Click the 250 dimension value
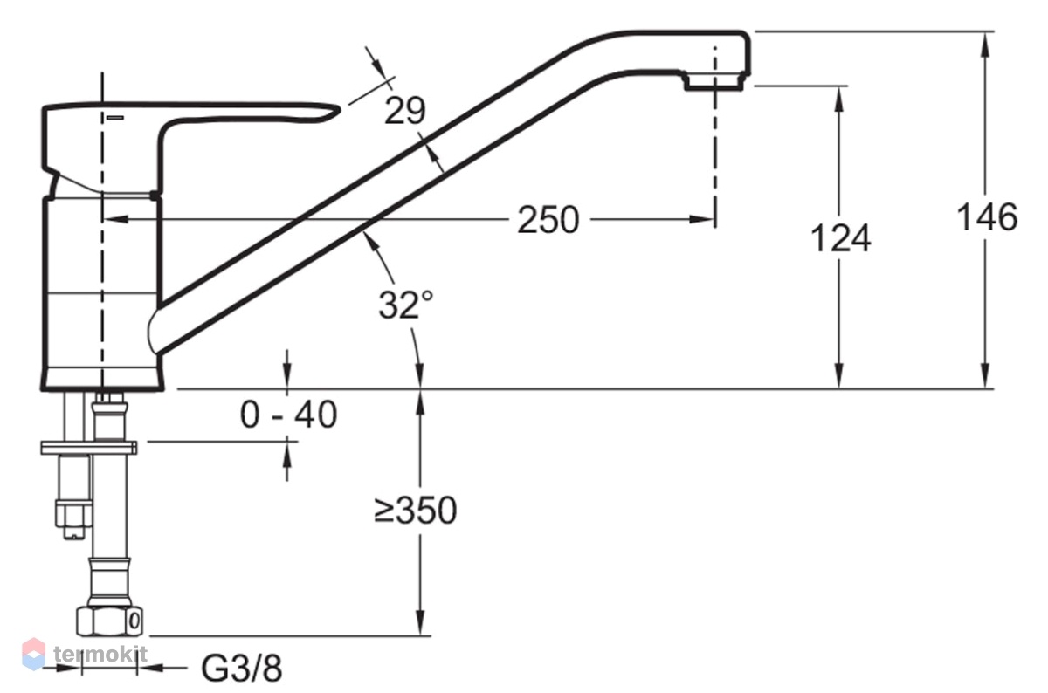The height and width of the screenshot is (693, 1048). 548,220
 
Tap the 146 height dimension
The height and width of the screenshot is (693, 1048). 987,217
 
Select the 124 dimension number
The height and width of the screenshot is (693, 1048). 840,238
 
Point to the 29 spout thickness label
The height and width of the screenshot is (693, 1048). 404,111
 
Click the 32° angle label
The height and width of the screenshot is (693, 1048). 405,305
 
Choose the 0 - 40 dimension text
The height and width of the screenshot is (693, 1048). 288,415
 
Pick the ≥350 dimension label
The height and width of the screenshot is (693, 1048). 416,511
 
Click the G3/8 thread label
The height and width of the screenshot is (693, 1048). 241,669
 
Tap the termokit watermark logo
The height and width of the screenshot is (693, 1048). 84,654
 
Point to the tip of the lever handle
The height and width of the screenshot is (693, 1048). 339,108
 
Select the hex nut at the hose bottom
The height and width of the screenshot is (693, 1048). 109,621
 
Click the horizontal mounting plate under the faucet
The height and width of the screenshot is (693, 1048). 89,448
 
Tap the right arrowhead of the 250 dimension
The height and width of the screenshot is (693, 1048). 701,219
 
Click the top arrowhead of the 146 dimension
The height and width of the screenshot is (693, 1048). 985,45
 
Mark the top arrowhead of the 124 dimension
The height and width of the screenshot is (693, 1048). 839,99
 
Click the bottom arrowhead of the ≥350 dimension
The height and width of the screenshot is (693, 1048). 420,622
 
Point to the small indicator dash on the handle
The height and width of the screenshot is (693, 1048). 115,118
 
